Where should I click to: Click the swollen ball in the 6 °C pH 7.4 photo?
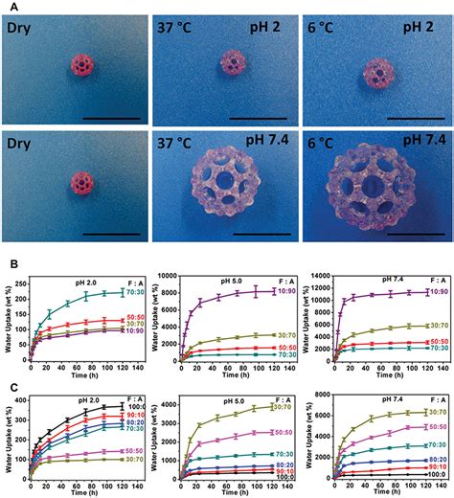pos(376,192)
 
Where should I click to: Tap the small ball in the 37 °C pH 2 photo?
pos(233,65)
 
